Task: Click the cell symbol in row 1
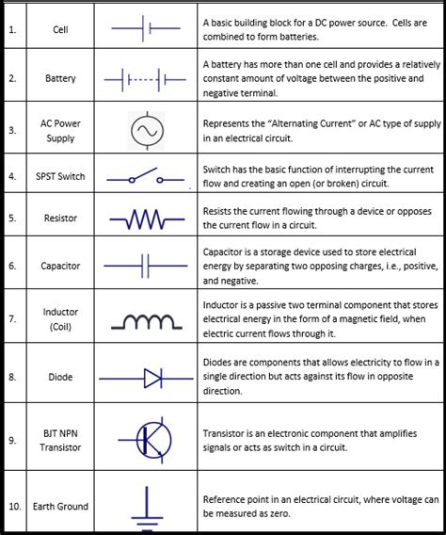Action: click(145, 29)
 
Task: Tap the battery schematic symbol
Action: click(145, 78)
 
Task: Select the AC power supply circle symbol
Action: click(145, 130)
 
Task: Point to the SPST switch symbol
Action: click(145, 176)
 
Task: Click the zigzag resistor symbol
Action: click(145, 220)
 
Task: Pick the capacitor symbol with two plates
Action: click(145, 266)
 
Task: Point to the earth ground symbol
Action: click(145, 506)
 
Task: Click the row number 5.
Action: click(12, 218)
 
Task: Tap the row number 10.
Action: click(14, 506)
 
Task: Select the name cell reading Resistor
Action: click(60, 218)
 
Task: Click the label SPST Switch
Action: click(60, 176)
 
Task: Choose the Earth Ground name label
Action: click(60, 506)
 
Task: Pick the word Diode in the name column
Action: click(60, 377)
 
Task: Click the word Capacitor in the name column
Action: click(60, 266)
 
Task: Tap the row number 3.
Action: click(12, 130)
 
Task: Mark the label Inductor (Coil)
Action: click(60, 319)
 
